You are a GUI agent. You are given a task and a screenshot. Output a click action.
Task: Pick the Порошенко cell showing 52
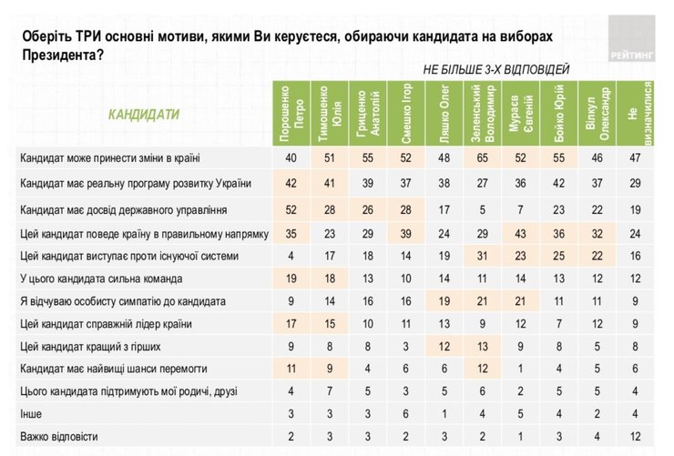[x=291, y=209]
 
